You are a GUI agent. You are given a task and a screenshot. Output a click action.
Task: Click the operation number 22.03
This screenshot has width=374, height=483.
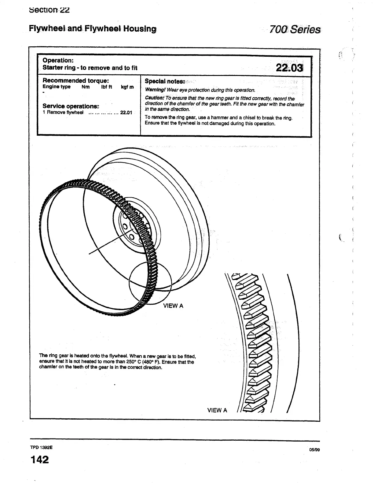(x=289, y=67)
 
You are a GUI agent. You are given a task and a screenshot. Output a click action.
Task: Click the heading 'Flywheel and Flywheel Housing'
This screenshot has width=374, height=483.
(x=93, y=29)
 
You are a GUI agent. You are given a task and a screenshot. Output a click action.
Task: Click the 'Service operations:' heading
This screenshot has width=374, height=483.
(x=71, y=106)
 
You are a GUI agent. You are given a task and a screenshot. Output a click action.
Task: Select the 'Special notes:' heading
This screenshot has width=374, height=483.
(x=165, y=81)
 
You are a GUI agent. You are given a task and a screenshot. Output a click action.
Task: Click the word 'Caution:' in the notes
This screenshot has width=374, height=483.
(x=154, y=98)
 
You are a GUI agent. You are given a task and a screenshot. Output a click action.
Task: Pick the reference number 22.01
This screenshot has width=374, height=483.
(x=126, y=113)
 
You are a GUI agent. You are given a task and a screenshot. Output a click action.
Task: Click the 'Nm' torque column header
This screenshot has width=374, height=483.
(x=86, y=87)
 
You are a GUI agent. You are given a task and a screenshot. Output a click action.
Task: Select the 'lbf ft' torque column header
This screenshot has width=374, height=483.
(x=107, y=87)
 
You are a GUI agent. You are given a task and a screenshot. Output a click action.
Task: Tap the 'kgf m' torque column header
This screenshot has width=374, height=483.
(x=127, y=87)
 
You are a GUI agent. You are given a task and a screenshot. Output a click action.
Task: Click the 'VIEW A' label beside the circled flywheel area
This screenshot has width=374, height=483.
(x=173, y=306)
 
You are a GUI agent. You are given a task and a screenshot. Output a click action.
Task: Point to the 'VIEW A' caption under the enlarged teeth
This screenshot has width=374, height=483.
(x=217, y=410)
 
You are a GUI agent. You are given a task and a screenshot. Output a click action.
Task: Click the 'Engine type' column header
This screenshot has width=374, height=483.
(x=57, y=87)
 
